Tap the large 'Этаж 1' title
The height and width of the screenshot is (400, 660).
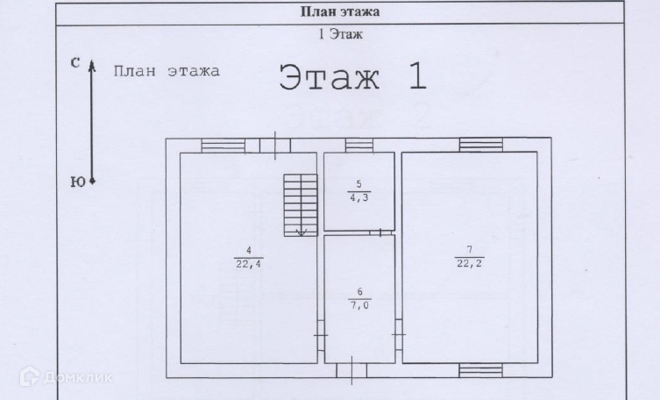(x=352, y=77)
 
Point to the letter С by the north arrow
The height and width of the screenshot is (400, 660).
(x=75, y=62)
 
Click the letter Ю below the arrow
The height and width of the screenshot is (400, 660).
(x=76, y=182)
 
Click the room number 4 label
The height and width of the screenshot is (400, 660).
(x=249, y=250)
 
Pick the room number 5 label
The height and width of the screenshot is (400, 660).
(x=358, y=184)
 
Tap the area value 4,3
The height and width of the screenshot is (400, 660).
(x=358, y=197)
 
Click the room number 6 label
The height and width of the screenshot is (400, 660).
(x=359, y=291)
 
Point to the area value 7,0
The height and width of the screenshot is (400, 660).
(x=359, y=304)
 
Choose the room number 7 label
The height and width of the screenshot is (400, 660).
(x=469, y=250)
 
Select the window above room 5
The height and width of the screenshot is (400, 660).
(x=358, y=145)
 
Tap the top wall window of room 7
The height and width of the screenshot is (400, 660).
(x=481, y=145)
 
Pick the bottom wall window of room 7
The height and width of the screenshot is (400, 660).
(x=481, y=370)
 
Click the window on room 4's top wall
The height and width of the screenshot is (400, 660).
(x=224, y=145)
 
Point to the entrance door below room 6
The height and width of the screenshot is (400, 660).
(x=351, y=370)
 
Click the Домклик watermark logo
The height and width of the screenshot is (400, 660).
(x=78, y=378)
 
